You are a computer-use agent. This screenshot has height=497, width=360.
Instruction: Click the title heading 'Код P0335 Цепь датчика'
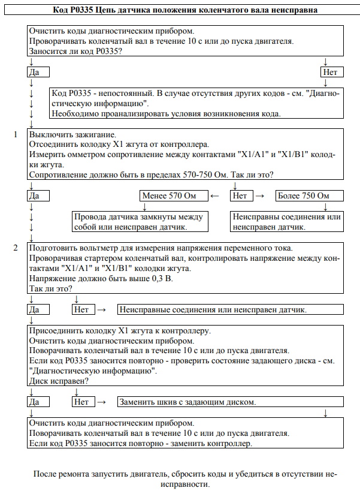click(x=180, y=10)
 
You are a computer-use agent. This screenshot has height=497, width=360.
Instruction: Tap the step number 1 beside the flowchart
click(x=15, y=135)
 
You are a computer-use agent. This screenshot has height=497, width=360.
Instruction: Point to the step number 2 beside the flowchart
click(x=15, y=248)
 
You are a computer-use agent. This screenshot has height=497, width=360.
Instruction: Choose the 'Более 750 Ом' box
click(x=310, y=196)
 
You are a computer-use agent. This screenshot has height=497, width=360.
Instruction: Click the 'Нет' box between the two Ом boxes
click(x=240, y=196)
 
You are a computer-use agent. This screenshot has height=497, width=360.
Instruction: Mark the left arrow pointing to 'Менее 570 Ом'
click(x=216, y=196)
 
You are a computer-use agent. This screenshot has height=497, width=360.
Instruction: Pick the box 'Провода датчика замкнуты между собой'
click(x=140, y=222)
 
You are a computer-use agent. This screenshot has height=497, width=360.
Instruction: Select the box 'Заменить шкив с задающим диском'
click(x=230, y=402)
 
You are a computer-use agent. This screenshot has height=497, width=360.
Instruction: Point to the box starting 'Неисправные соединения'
click(x=230, y=310)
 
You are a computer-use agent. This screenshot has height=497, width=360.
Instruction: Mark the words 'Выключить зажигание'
click(x=72, y=135)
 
